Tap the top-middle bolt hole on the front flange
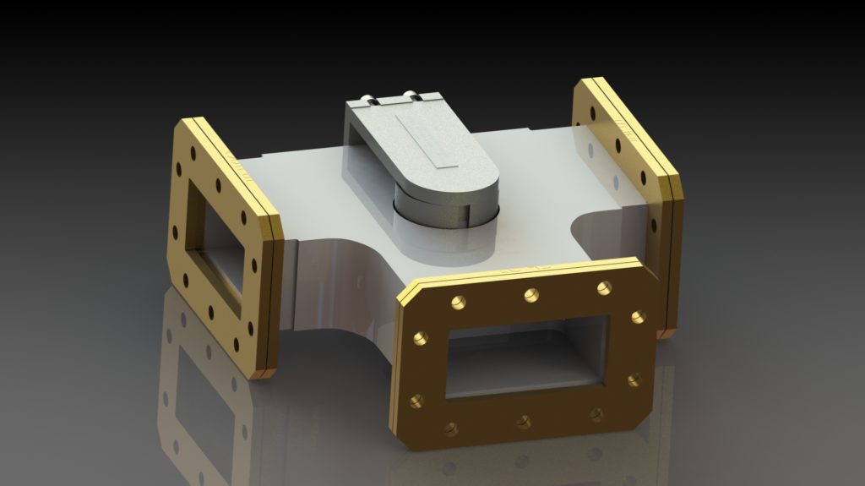[x=531, y=295]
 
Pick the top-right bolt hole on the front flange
[x=604, y=288]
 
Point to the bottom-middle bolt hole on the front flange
[x=524, y=421]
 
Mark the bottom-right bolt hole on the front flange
[x=596, y=414]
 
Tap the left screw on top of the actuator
[x=369, y=101]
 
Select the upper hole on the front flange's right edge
[x=638, y=317]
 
